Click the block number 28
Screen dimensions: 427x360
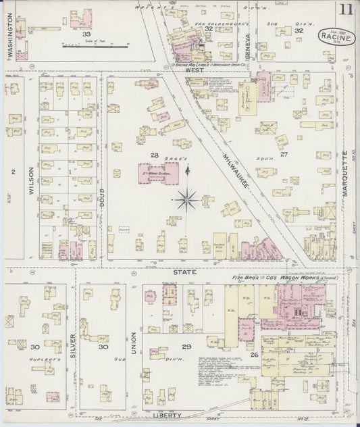(154, 155)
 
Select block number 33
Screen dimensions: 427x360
(86, 33)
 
